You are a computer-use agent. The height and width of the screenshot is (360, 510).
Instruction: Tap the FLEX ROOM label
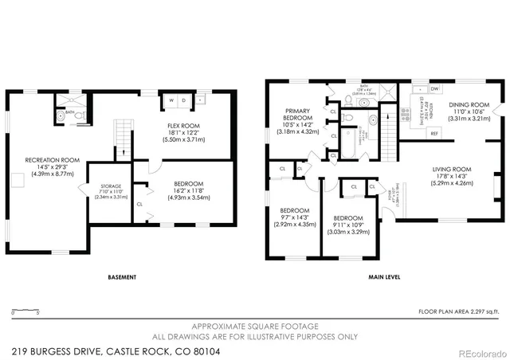184,126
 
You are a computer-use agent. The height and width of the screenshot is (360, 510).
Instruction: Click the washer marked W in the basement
171,101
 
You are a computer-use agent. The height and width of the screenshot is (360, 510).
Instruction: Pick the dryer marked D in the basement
183,101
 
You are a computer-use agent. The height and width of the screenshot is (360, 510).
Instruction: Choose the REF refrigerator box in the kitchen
435,133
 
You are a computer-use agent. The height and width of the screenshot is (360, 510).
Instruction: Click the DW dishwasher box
435,89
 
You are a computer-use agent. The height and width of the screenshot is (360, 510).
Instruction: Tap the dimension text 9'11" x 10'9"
348,227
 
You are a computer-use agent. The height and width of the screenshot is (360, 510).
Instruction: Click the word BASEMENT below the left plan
122,277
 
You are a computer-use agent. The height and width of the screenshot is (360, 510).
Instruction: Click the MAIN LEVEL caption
383,277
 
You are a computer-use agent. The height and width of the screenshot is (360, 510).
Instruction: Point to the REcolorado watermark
480,351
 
